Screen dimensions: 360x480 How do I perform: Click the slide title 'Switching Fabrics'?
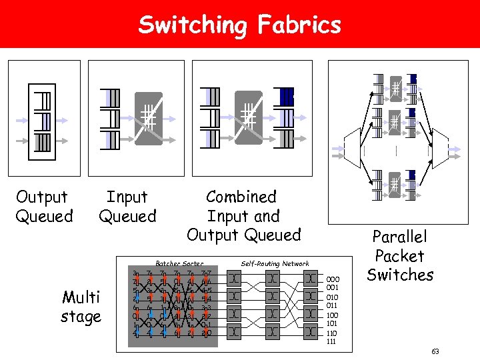pos(239,25)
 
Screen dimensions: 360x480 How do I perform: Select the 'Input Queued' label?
pos(127,206)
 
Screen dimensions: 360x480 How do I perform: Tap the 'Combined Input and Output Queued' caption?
pos(243,215)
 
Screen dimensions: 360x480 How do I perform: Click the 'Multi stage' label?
pos(81,306)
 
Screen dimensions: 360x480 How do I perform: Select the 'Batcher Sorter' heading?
pos(179,263)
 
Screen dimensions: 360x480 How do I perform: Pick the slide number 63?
pos(435,351)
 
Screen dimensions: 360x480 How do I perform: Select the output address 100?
pos(333,315)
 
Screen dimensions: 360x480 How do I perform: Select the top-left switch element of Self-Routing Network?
pos(235,278)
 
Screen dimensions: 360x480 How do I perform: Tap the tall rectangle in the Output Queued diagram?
pos(42,121)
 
